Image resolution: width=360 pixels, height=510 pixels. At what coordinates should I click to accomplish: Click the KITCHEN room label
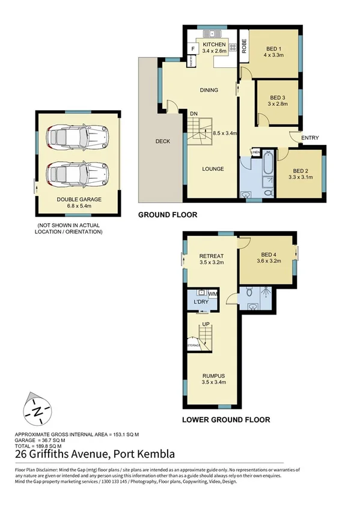tap(214, 45)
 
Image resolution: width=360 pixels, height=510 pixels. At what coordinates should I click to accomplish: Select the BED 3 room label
tap(277, 97)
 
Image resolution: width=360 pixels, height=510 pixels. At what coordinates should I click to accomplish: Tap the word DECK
tap(162, 142)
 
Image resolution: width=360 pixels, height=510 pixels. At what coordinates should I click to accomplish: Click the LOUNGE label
tap(213, 169)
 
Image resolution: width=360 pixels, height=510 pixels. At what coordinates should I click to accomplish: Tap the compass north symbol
tap(37, 411)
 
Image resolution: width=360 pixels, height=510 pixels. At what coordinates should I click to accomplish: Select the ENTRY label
tap(310, 138)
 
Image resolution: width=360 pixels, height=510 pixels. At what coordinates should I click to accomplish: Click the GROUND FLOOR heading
tap(168, 215)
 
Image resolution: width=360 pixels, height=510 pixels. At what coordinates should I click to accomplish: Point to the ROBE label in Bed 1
tap(245, 47)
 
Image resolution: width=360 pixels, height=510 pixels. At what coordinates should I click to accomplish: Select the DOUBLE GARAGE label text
tap(79, 200)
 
